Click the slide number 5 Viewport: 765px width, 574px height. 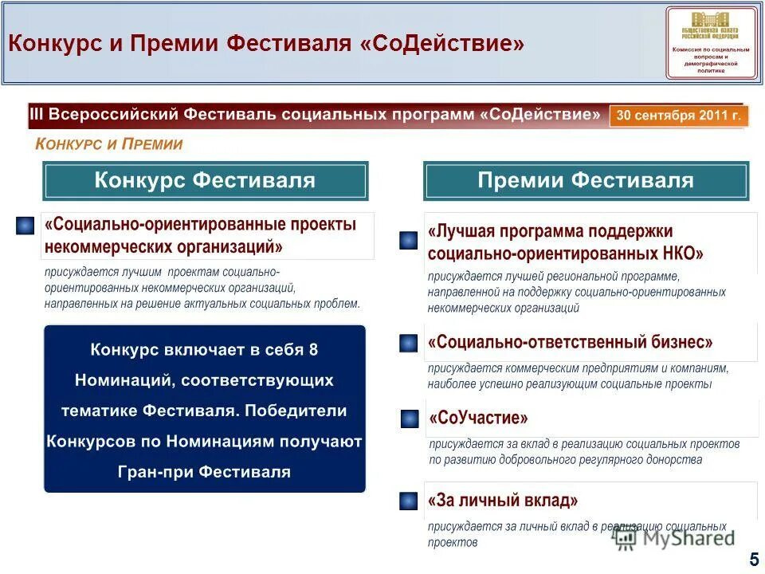754,560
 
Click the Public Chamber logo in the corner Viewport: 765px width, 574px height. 712,42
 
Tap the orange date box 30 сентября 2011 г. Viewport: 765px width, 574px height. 679,116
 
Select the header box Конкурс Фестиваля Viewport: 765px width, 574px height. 205,180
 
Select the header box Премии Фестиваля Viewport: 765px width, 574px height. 586,180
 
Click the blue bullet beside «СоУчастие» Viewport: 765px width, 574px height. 409,419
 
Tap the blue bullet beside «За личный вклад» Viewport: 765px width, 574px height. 408,501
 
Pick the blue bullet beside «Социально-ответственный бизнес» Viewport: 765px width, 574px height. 408,343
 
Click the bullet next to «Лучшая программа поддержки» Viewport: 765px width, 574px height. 408,241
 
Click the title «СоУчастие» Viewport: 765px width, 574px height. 478,419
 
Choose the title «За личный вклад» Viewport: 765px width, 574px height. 503,501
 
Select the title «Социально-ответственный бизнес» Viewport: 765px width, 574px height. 571,343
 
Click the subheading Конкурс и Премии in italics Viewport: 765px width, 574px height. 109,144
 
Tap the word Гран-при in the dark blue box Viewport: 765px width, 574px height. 155,472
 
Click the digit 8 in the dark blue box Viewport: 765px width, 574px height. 313,349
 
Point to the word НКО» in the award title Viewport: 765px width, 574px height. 677,254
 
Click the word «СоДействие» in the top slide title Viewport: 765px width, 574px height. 443,43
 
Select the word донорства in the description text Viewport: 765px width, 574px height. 674,460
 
